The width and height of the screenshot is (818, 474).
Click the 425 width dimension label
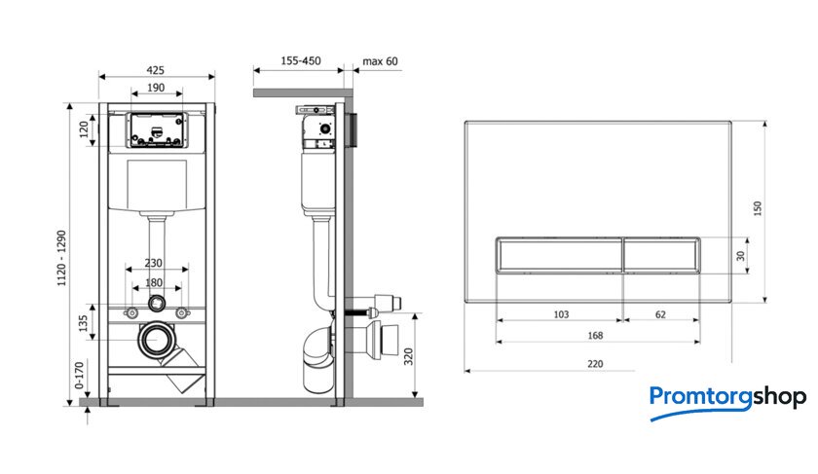(x=156, y=70)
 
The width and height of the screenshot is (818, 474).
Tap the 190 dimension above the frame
(x=156, y=88)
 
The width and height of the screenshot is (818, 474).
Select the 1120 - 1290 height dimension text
(x=61, y=258)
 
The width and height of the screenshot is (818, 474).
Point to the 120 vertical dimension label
(x=84, y=129)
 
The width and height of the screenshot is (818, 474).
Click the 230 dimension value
(x=154, y=263)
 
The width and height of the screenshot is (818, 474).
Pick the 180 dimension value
(x=154, y=282)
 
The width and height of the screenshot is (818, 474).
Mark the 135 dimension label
(x=83, y=323)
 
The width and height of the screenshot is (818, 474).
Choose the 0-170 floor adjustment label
(x=79, y=376)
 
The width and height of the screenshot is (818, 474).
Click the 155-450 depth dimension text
(x=301, y=60)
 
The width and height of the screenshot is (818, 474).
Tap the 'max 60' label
(x=381, y=61)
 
